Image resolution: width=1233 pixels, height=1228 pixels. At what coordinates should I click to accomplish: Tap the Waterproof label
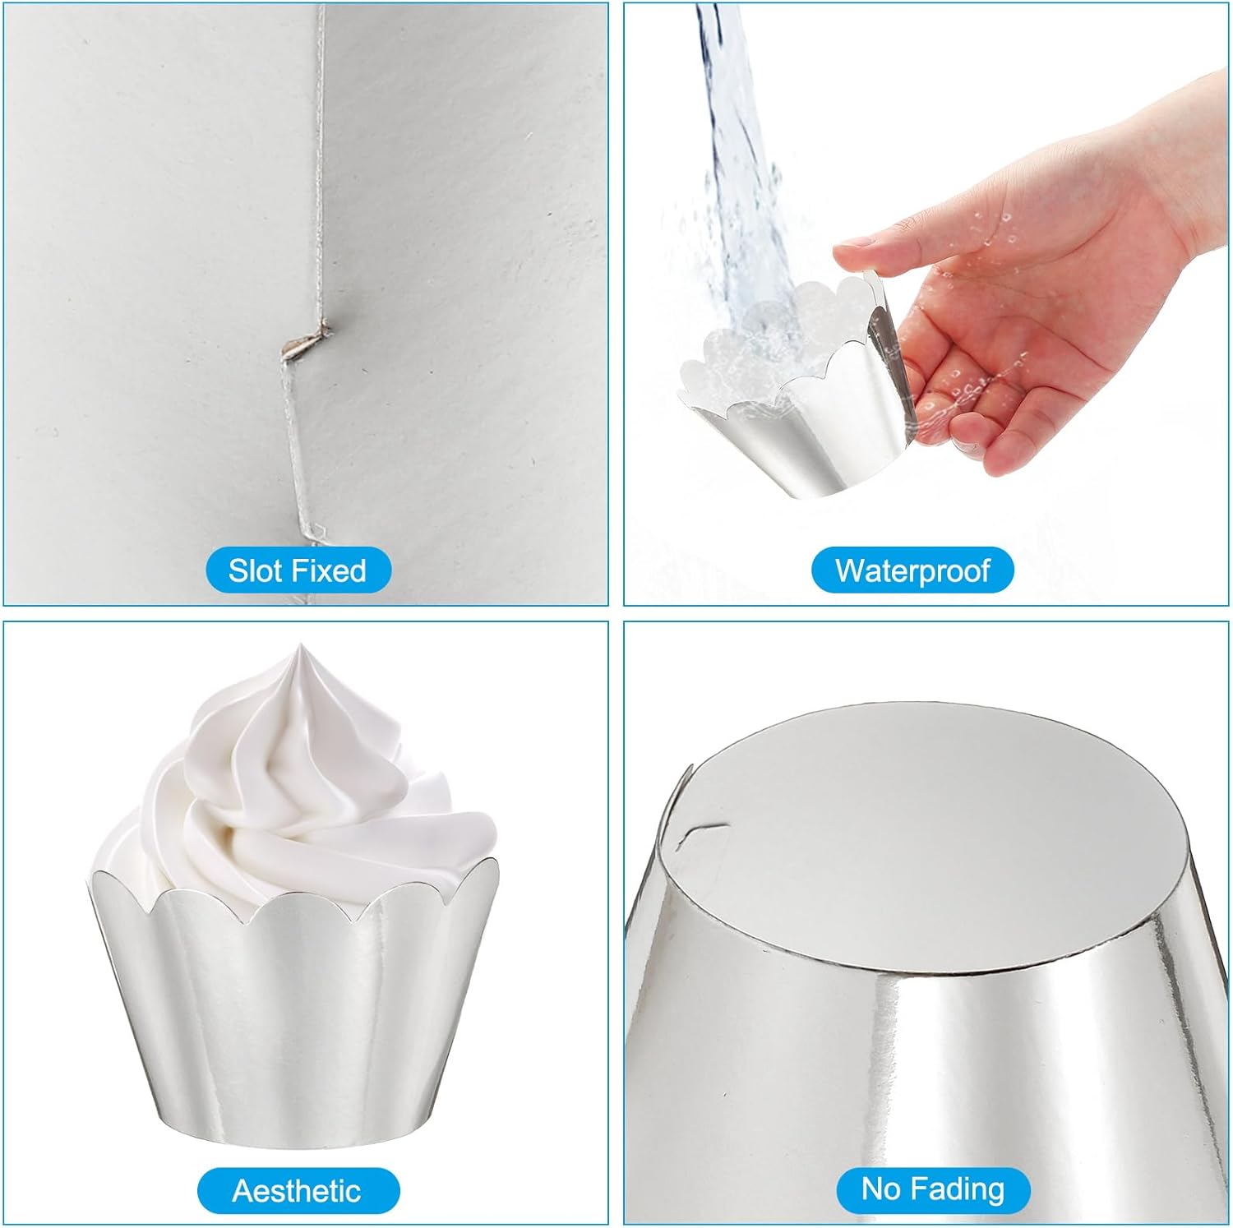pos(912,570)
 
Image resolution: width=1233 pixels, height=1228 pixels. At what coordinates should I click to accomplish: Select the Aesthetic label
pos(298,1190)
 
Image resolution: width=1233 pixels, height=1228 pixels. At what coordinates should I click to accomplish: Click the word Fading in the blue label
pos(959,1190)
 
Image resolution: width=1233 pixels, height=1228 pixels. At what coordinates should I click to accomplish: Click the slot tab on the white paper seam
pos(305,339)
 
